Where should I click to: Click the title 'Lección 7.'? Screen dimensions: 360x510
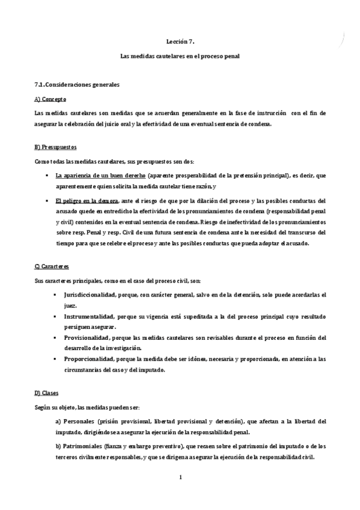point(180,41)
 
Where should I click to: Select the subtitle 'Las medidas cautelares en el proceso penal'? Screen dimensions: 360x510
point(180,56)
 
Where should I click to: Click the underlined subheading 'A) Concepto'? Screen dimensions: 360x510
point(50,99)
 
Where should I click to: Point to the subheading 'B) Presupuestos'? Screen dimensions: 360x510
point(55,147)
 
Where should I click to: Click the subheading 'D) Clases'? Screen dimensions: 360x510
point(47,393)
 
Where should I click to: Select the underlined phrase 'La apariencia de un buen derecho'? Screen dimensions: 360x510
point(100,176)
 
